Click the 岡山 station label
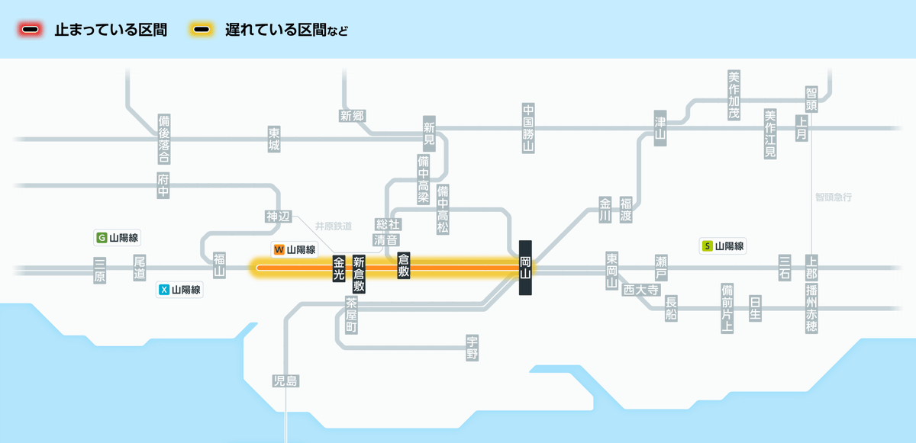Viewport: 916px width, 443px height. pyautogui.click(x=525, y=268)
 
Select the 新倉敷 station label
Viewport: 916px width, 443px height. pyautogui.click(x=359, y=275)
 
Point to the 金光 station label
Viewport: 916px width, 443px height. pyautogui.click(x=339, y=269)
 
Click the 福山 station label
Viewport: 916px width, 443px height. pyautogui.click(x=219, y=265)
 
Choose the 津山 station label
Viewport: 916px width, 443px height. pyautogui.click(x=660, y=128)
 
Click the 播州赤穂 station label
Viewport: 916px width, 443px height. pyautogui.click(x=811, y=309)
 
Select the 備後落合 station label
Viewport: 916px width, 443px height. pyautogui.click(x=163, y=140)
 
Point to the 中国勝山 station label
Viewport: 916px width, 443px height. pyautogui.click(x=527, y=128)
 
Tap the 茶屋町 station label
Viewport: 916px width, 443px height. pyautogui.click(x=351, y=315)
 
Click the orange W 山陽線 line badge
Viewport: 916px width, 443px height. pyautogui.click(x=294, y=249)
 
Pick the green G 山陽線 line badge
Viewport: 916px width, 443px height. pyautogui.click(x=118, y=237)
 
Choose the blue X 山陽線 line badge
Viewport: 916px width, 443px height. pyautogui.click(x=179, y=290)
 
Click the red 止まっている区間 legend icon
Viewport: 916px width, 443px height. pyautogui.click(x=31, y=30)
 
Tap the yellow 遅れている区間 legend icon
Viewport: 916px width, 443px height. pyautogui.click(x=202, y=30)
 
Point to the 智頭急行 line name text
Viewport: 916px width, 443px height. pyautogui.click(x=833, y=197)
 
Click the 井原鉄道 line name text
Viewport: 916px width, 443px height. pyautogui.click(x=334, y=226)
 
